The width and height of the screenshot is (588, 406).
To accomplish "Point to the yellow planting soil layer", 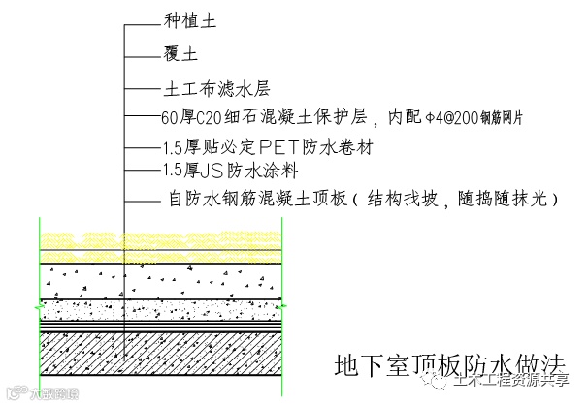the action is [x=160, y=243].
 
